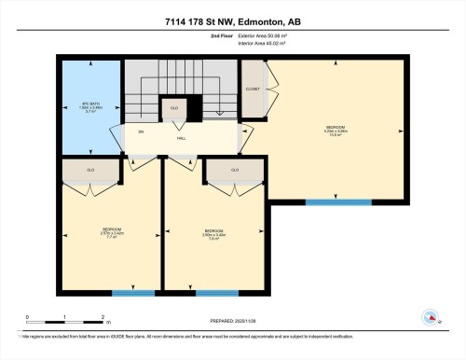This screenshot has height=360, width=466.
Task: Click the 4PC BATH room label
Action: tap(90, 106)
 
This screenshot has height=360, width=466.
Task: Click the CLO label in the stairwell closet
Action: tap(174, 108)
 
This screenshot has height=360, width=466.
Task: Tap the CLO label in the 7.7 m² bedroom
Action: tap(90, 171)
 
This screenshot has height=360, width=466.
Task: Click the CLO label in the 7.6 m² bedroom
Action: tap(234, 170)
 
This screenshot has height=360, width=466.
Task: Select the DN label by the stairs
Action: tap(141, 132)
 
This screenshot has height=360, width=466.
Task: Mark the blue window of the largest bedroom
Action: tap(338, 201)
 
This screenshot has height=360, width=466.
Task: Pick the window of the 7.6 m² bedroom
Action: tap(216, 293)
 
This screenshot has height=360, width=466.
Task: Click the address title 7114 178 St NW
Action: tap(233, 21)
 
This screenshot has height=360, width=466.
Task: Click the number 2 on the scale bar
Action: tap(103, 317)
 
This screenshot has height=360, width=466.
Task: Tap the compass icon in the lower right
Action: tap(431, 317)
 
